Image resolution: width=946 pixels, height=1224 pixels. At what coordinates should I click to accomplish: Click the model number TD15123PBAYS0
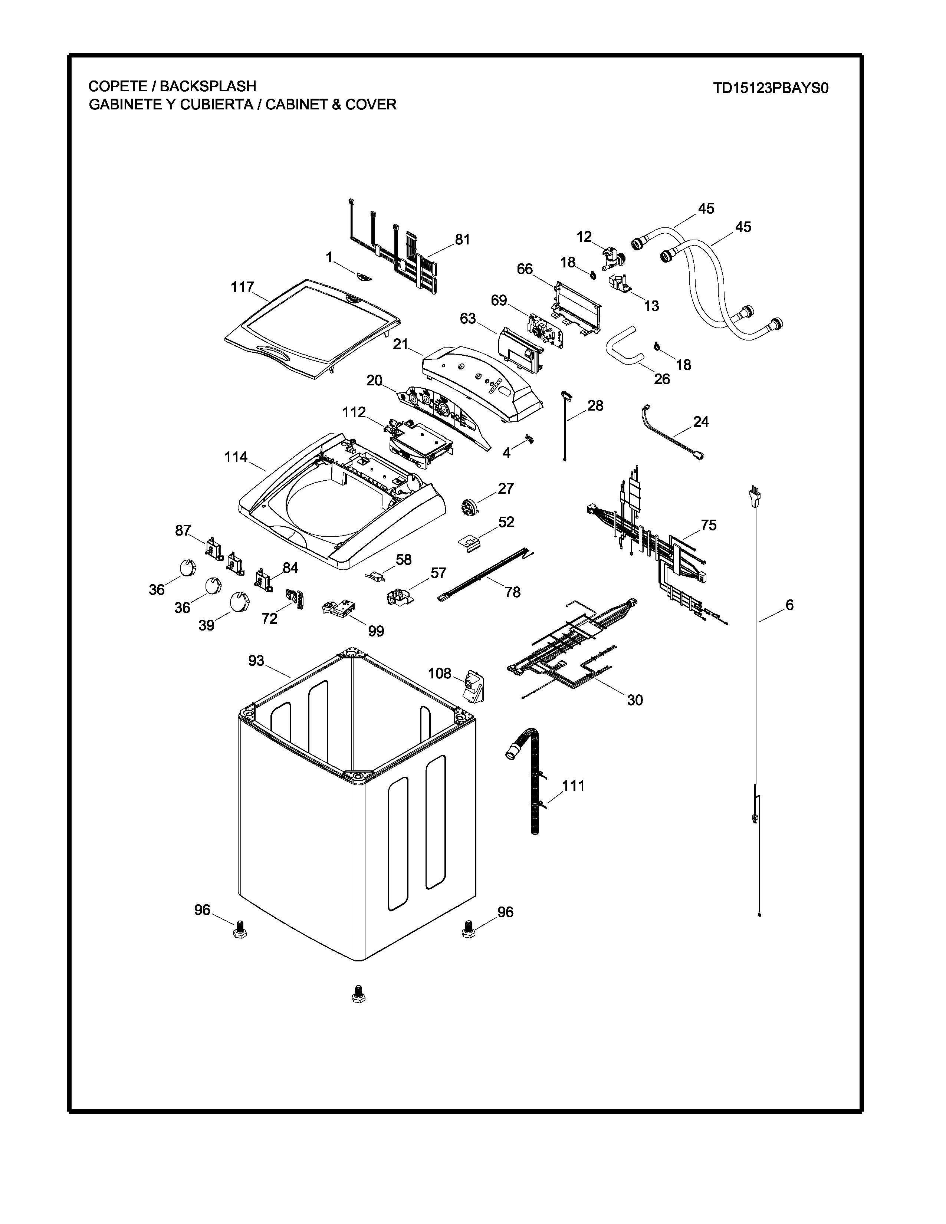771,89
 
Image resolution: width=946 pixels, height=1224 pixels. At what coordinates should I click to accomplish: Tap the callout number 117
243,287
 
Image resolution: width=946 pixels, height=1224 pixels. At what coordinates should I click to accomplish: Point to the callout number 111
573,786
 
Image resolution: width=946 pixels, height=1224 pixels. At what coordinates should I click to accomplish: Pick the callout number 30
634,700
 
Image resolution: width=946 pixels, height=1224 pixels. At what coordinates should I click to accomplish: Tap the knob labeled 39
239,602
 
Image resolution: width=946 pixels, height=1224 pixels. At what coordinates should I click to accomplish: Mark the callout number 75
708,525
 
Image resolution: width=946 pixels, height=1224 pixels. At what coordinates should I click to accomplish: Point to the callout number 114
236,457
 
